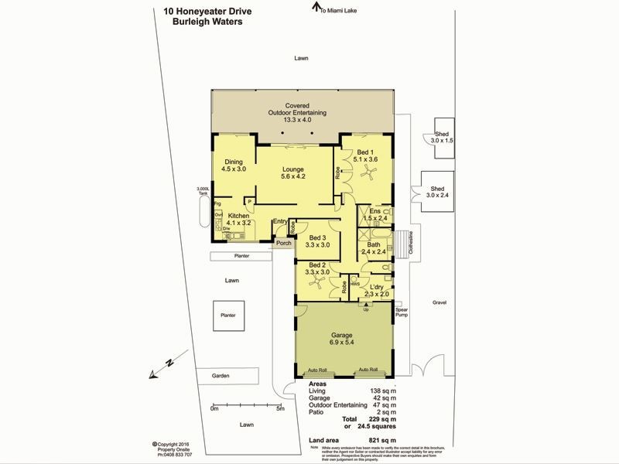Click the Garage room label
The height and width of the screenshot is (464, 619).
click(x=342, y=339)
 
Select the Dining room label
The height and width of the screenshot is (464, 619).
click(x=233, y=165)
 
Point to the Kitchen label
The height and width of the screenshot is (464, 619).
click(x=238, y=220)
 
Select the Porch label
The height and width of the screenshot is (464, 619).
click(x=284, y=244)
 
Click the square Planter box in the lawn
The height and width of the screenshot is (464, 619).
click(x=227, y=316)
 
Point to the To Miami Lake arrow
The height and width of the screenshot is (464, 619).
click(x=316, y=8)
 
